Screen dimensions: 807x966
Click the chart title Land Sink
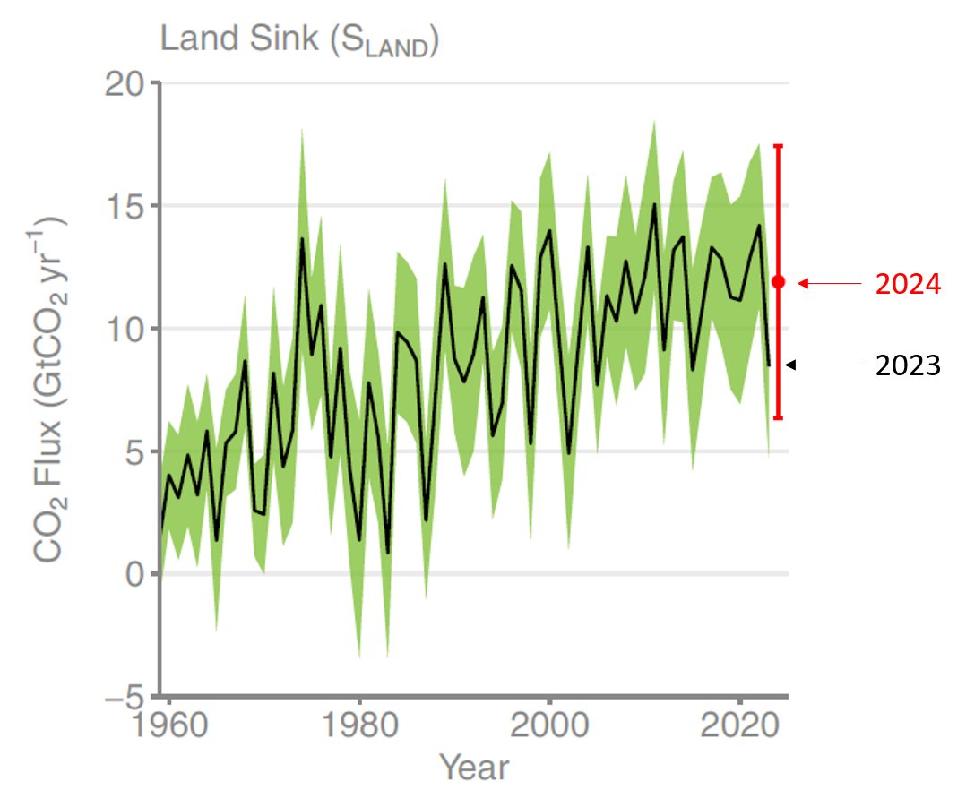[298, 39]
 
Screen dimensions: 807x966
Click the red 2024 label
[908, 285]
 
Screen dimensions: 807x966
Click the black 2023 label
[908, 365]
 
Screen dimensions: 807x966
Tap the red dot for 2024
[778, 282]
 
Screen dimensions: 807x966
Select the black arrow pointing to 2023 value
[820, 365]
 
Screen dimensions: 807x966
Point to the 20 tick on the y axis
[125, 83]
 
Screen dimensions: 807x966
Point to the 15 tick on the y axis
[125, 206]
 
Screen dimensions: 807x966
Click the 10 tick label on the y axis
[125, 329]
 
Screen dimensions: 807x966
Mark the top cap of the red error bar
[778, 145]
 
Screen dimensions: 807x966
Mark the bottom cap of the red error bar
[778, 418]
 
